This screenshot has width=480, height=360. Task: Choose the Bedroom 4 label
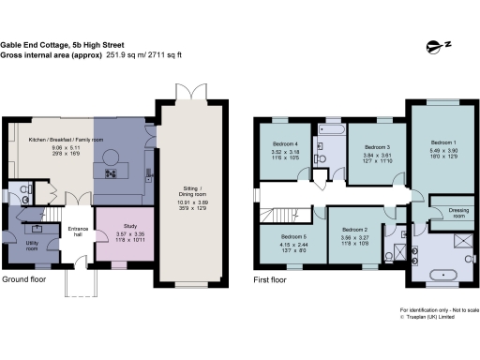tap(286, 142)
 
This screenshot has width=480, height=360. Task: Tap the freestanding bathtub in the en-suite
tap(439, 276)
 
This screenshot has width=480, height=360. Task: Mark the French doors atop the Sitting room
tap(185, 95)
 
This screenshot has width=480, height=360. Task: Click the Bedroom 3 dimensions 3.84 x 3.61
tap(376, 157)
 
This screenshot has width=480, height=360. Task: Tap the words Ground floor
tap(25, 279)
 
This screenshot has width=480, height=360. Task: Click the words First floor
tap(272, 279)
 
